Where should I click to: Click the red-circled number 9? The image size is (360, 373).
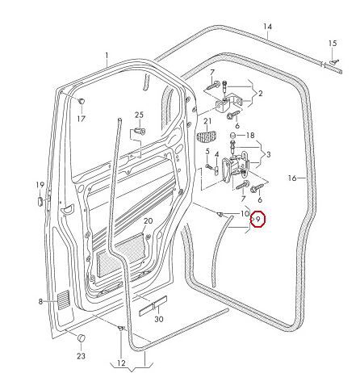[x=258, y=219]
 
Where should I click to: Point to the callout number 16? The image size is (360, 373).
[x=293, y=176]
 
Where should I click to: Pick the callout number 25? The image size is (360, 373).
[x=139, y=115]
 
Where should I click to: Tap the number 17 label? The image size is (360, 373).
[x=81, y=119]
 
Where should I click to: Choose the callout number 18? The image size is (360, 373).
[x=250, y=135]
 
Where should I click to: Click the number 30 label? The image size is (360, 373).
[x=158, y=320]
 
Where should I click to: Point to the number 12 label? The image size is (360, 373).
[x=120, y=363]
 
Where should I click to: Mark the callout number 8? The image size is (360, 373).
[x=39, y=302]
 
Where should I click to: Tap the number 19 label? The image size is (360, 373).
[x=39, y=186]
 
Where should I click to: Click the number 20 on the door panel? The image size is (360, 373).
[x=148, y=220]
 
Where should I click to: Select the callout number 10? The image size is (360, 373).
[x=245, y=213]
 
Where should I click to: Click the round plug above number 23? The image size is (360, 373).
[x=81, y=336]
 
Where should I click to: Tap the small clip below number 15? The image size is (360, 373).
[x=331, y=61]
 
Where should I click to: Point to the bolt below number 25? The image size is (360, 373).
[x=140, y=131]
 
